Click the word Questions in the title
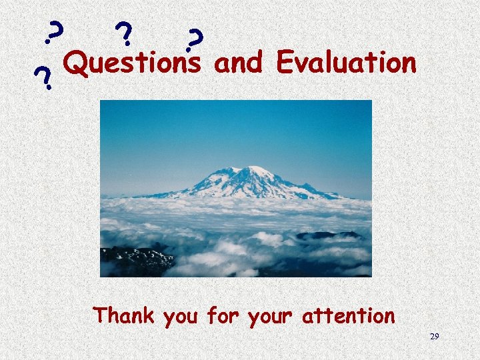(133, 64)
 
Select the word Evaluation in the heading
(347, 63)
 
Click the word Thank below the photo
(125, 315)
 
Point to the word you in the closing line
(180, 317)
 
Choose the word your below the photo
(271, 317)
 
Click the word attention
(348, 315)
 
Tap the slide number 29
(434, 337)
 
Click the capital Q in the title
(77, 64)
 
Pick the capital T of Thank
(101, 314)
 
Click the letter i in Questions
(156, 63)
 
